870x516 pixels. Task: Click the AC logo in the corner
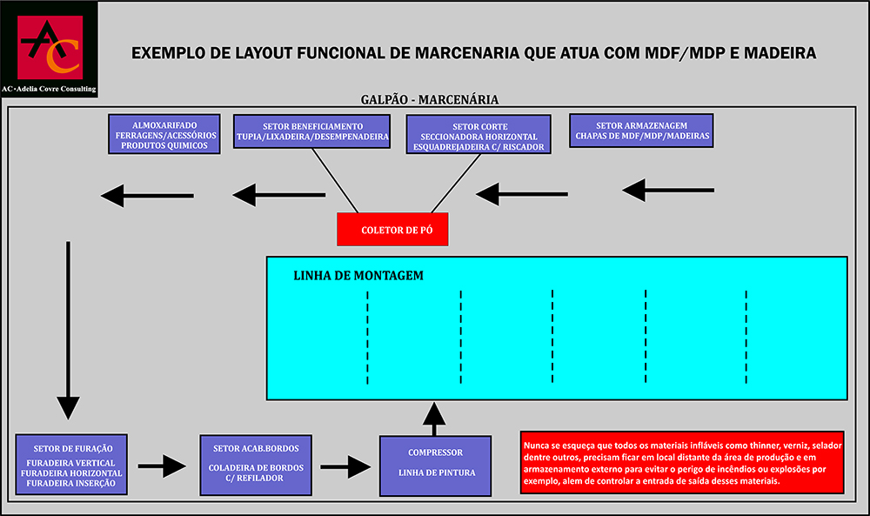click(x=50, y=49)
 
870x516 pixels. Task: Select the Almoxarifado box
click(x=164, y=133)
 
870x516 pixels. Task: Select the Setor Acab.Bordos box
click(x=256, y=464)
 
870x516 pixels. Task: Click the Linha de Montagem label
click(x=358, y=275)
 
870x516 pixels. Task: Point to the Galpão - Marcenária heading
click(x=429, y=99)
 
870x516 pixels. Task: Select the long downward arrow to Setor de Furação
click(x=68, y=331)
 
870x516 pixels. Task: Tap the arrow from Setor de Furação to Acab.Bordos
click(x=162, y=466)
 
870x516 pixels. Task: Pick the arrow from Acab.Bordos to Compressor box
click(x=345, y=467)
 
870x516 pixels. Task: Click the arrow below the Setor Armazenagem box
click(x=668, y=189)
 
